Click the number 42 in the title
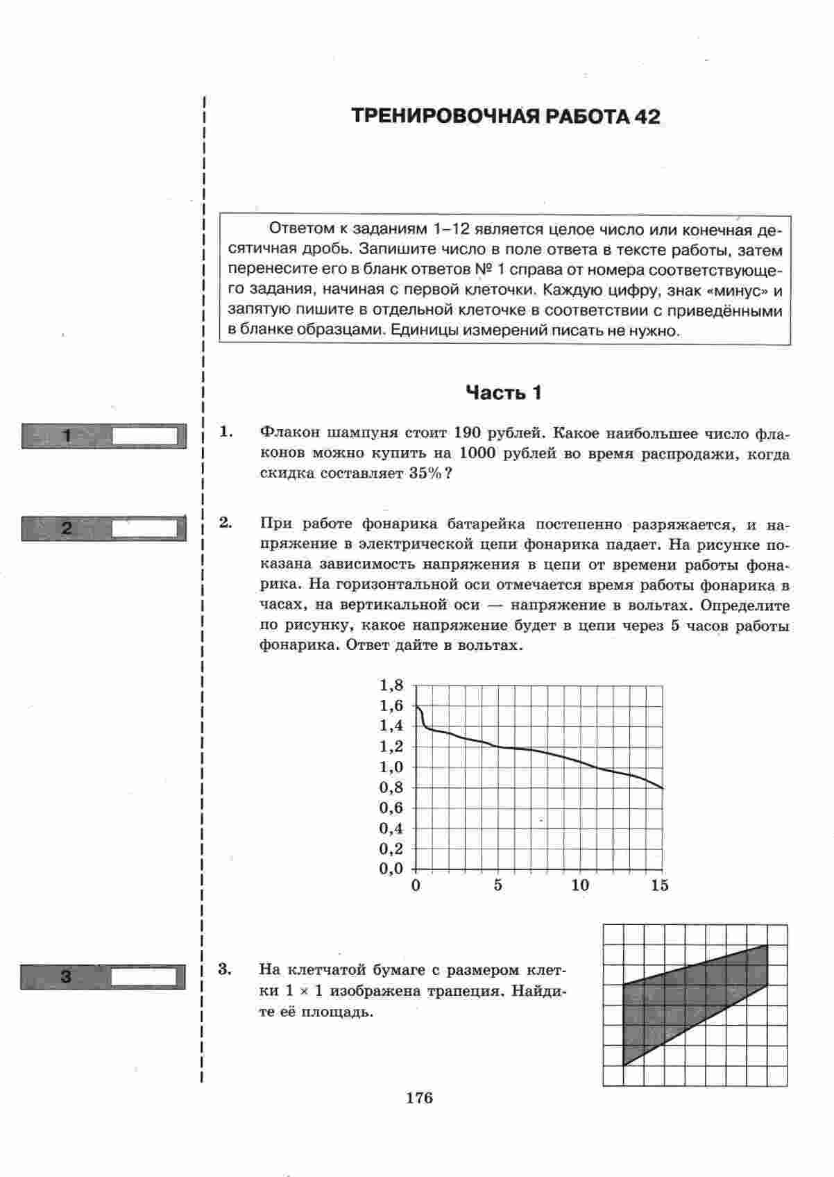click(x=646, y=116)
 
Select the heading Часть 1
click(x=504, y=393)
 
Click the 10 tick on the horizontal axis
click(x=580, y=885)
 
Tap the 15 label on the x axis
click(x=660, y=885)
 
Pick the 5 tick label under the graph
click(x=497, y=885)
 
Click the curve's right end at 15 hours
click(x=663, y=788)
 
